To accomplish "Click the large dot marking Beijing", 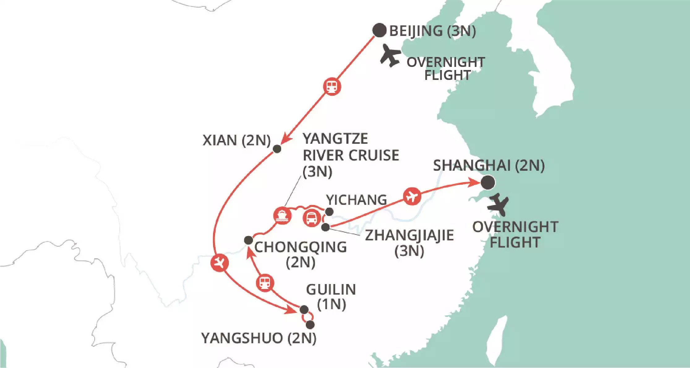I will [379, 30].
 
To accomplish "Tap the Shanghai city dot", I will [488, 182].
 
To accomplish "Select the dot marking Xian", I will [277, 149].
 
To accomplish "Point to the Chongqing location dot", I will [248, 240].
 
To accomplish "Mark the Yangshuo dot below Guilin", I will [310, 325].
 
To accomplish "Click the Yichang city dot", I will [329, 212].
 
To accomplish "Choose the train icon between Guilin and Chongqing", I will [265, 283].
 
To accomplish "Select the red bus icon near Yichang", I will [311, 218].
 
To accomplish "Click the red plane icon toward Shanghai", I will [412, 196].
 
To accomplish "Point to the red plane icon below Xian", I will [220, 263].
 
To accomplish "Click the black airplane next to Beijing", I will [390, 55].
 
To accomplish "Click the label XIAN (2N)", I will [237, 141].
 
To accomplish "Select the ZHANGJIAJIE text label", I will [409, 235].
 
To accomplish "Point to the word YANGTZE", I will [335, 139].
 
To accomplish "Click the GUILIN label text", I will [331, 290].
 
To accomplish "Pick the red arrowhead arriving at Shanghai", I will [473, 182].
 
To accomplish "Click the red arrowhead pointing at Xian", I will [286, 138].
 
